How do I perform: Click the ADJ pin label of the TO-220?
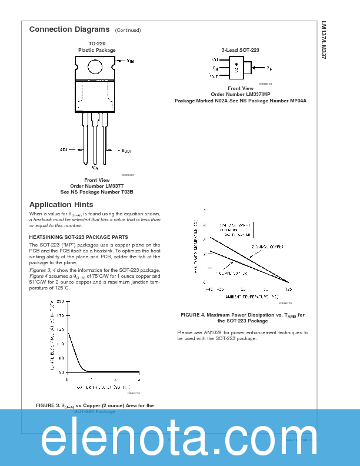[x=64, y=150]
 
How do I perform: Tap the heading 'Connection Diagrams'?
[x=69, y=29]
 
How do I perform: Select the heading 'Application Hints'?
[x=61, y=205]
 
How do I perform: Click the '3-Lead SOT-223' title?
[x=240, y=50]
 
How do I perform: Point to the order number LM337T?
[x=97, y=186]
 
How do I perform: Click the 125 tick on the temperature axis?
[x=288, y=289]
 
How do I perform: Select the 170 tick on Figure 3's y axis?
[x=61, y=315]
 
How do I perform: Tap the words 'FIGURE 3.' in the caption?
[x=48, y=405]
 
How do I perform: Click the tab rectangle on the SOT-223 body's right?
[x=247, y=68]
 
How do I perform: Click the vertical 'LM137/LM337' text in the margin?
[x=324, y=41]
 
